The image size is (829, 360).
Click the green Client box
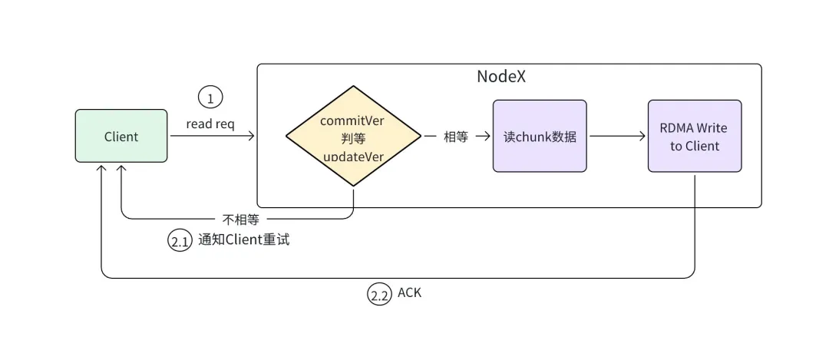click(121, 136)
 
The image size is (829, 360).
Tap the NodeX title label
click(501, 77)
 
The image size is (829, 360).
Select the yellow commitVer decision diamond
click(353, 136)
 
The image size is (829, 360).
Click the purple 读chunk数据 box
click(540, 136)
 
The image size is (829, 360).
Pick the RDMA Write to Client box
click(694, 136)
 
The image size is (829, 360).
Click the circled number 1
click(210, 97)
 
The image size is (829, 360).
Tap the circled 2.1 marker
click(180, 241)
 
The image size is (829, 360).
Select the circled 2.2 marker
click(379, 295)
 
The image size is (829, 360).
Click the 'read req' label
click(210, 123)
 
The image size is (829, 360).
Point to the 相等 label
click(456, 137)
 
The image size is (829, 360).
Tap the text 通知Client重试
click(243, 239)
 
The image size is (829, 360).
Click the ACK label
click(409, 293)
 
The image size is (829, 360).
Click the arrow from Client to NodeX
click(212, 137)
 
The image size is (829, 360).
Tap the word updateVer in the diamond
click(353, 156)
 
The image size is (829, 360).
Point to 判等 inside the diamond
click(353, 138)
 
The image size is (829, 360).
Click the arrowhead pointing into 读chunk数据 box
click(487, 137)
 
